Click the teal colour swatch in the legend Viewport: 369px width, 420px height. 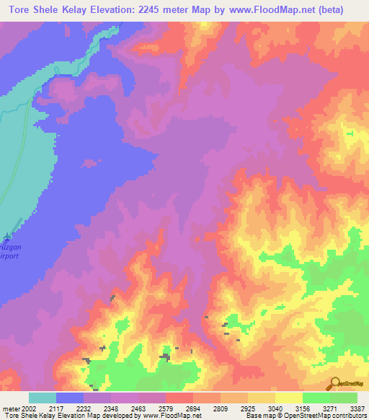coord(43,398)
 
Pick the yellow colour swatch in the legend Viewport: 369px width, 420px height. coord(289,398)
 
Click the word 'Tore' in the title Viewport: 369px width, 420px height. coord(21,9)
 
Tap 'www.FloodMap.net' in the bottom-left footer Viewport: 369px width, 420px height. coord(172,416)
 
